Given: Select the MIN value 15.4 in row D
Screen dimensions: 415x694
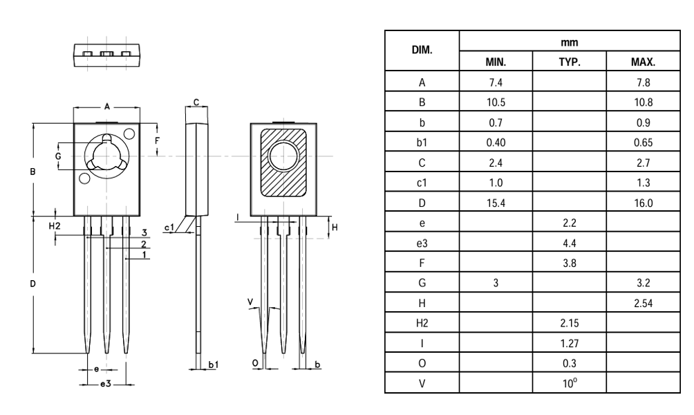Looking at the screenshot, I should [496, 203].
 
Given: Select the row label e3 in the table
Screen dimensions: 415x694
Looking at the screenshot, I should [422, 243].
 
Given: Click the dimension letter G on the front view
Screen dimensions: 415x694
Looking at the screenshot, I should [58, 156].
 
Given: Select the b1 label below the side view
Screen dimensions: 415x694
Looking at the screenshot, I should [214, 363].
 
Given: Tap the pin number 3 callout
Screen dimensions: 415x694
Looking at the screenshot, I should [144, 232].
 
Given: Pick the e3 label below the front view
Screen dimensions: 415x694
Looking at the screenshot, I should [105, 383].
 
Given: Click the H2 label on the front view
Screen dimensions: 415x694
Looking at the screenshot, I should [55, 226].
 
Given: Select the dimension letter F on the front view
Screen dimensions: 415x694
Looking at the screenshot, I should [158, 140].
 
